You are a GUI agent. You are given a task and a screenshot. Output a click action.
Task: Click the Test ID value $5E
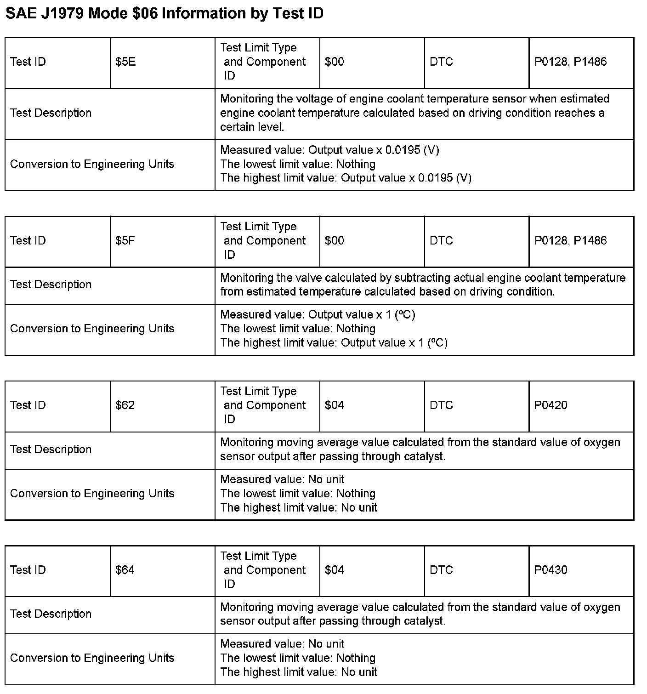pyautogui.click(x=125, y=62)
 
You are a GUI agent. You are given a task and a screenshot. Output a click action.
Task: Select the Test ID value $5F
pyautogui.click(x=125, y=241)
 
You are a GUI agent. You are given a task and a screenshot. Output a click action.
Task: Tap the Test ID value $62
pyautogui.click(x=125, y=405)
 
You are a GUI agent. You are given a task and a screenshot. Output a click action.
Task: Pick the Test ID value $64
pyautogui.click(x=125, y=570)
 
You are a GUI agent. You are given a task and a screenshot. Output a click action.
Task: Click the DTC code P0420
pyautogui.click(x=551, y=405)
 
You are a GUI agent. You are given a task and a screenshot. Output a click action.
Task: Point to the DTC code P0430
pyautogui.click(x=551, y=570)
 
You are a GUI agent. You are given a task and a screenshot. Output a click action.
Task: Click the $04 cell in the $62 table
pyautogui.click(x=334, y=405)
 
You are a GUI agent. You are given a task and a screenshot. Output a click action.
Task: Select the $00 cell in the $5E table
pyautogui.click(x=334, y=62)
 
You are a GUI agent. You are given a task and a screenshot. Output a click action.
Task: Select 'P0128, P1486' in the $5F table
pyautogui.click(x=570, y=241)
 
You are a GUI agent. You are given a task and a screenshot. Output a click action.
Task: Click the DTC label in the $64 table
pyautogui.click(x=441, y=570)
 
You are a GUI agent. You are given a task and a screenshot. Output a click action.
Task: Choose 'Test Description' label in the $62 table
pyautogui.click(x=51, y=449)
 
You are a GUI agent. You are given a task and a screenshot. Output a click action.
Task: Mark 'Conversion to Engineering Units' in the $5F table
pyautogui.click(x=92, y=329)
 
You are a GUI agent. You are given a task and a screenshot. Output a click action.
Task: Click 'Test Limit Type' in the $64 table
pyautogui.click(x=258, y=556)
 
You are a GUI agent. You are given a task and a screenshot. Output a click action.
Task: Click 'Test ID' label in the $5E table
pyautogui.click(x=28, y=62)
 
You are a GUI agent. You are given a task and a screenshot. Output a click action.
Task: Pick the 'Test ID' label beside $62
pyautogui.click(x=28, y=405)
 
